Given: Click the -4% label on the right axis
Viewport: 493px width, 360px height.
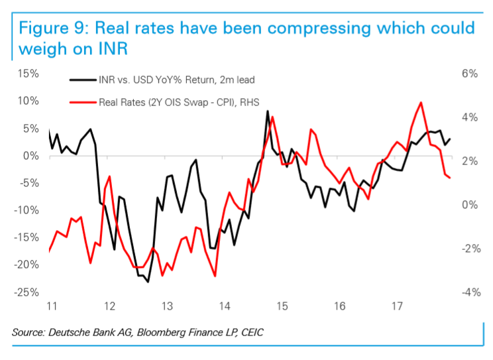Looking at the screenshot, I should click(468, 292).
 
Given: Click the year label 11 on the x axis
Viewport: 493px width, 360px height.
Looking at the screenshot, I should click(51, 306).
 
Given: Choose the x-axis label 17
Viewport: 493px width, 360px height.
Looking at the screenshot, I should click(398, 306).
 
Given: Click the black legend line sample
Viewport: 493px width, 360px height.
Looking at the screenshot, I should click(82, 80).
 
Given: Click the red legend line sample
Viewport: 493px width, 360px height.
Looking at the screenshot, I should click(82, 102).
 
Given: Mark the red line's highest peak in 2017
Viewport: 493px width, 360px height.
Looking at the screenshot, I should click(421, 103).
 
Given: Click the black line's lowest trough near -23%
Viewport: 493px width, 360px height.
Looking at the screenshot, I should click(148, 282).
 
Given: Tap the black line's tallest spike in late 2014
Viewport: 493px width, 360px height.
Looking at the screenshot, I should click(267, 111).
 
